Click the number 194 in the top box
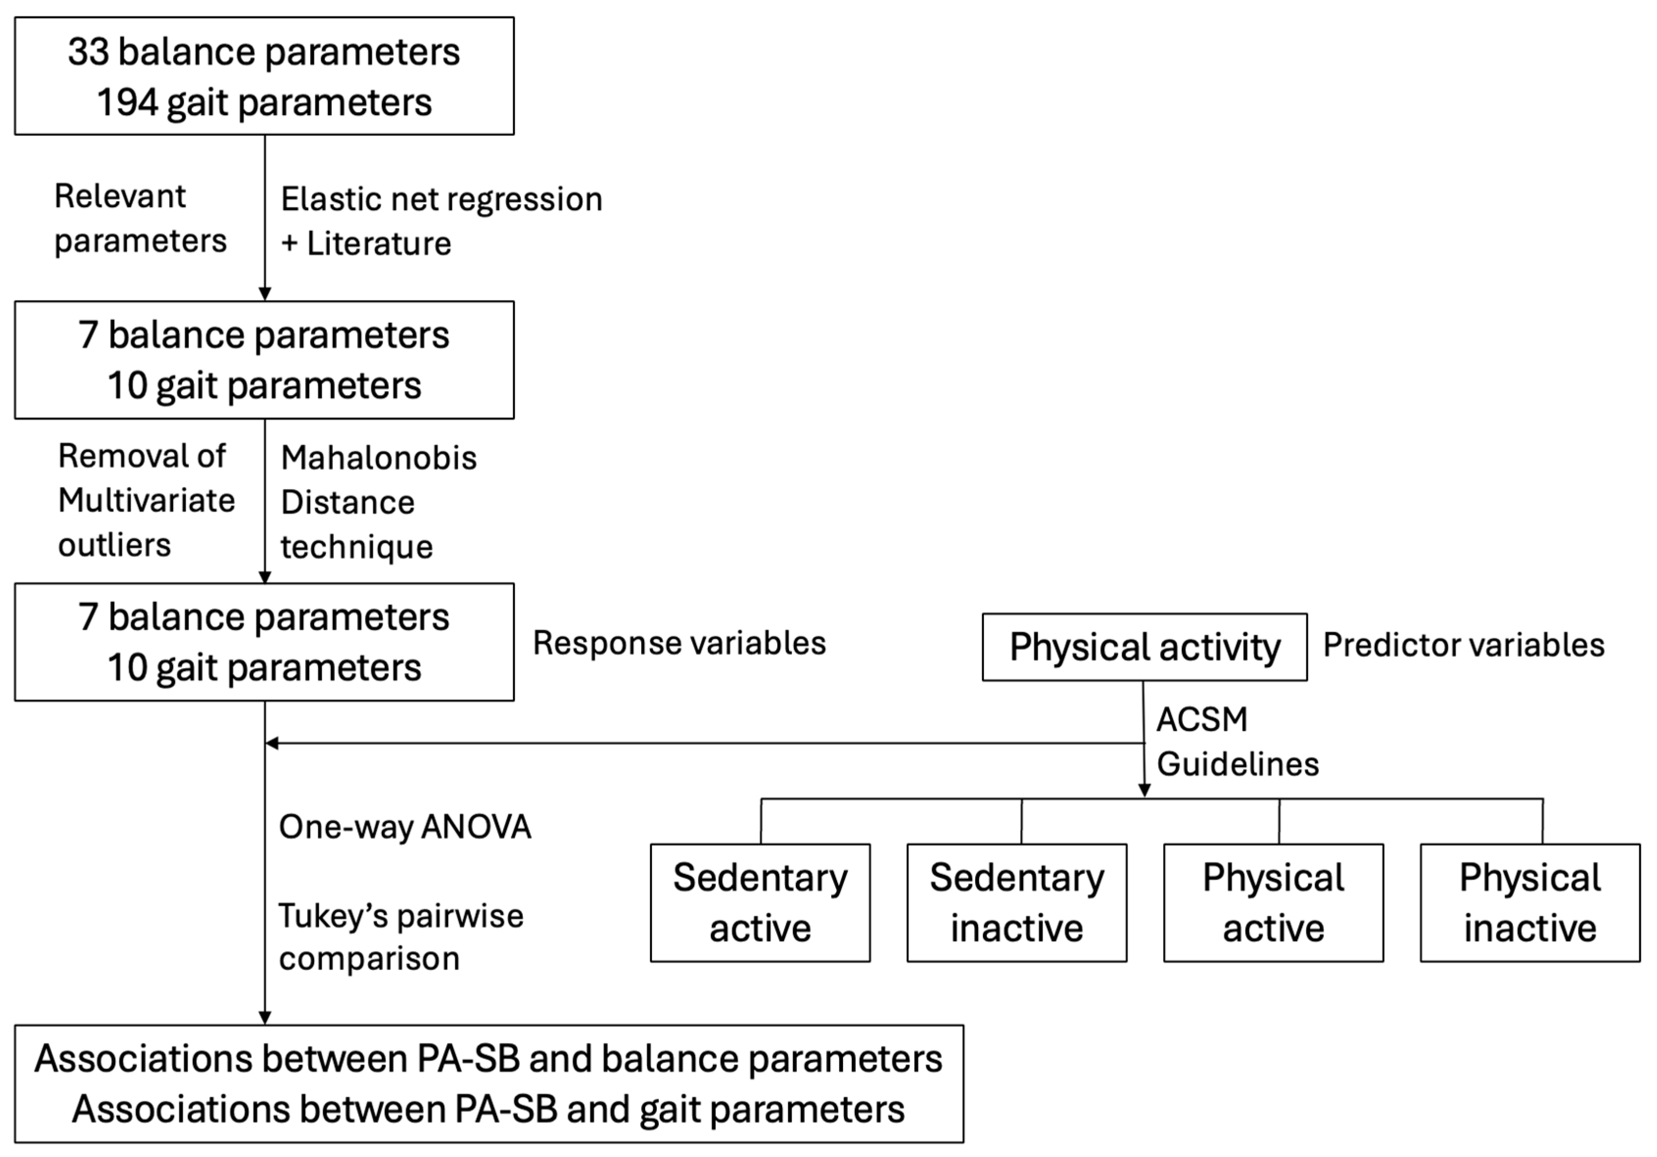[127, 102]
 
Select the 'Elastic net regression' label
[441, 199]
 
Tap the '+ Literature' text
[366, 244]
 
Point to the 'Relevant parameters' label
[140, 218]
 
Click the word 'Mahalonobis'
[378, 458]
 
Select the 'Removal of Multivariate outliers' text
[146, 500]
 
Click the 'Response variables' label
[678, 643]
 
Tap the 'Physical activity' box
[1144, 647]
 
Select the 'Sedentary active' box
[760, 902]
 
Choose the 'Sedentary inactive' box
[1016, 902]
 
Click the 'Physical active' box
[1273, 902]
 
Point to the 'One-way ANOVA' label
[405, 827]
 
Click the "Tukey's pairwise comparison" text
[400, 937]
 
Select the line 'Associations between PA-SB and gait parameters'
[488, 1110]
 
